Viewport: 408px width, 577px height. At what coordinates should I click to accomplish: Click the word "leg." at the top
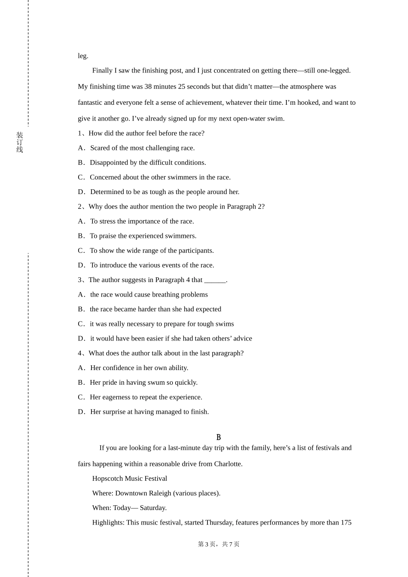point(83,56)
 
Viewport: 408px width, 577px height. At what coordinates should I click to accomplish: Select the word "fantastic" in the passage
point(90,103)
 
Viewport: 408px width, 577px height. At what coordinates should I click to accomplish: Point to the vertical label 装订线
point(20,143)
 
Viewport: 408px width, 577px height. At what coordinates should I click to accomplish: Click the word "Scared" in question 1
point(100,148)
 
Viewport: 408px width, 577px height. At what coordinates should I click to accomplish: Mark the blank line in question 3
point(215,280)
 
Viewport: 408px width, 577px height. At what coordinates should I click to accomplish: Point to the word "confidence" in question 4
point(118,368)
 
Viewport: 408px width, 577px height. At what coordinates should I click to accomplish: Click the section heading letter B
point(219,437)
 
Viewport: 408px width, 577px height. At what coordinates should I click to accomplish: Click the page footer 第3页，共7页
point(219,544)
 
